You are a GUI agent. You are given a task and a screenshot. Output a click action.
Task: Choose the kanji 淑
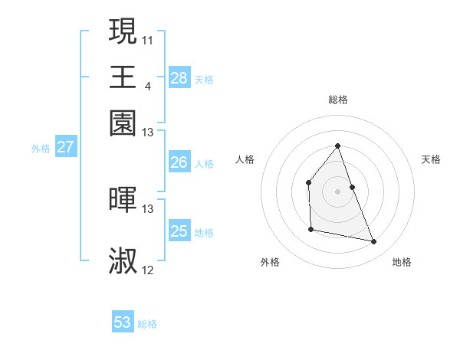click(x=123, y=260)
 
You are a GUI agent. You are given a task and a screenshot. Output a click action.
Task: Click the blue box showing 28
click(x=179, y=78)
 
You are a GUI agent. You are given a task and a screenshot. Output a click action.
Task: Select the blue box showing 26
click(x=179, y=162)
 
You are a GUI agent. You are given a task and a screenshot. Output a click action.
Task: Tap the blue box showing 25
click(x=179, y=231)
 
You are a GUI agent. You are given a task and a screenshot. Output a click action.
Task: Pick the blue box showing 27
click(x=65, y=147)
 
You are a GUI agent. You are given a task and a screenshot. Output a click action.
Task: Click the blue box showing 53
click(x=123, y=322)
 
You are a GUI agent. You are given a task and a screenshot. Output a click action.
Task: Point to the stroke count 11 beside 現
click(x=148, y=40)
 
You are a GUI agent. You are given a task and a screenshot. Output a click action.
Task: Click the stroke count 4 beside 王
click(x=147, y=86)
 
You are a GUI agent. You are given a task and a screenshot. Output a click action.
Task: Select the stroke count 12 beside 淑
click(x=148, y=270)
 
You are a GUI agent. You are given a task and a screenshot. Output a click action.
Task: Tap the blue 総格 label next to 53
click(x=147, y=324)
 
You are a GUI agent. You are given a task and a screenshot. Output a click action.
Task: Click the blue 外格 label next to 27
click(x=40, y=149)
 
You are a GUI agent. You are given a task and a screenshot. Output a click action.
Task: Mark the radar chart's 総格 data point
click(x=337, y=146)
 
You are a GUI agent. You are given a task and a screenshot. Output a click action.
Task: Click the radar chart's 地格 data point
click(x=374, y=242)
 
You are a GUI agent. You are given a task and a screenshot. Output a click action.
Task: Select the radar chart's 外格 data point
click(x=310, y=229)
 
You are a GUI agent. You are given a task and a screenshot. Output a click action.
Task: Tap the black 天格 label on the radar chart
click(x=432, y=159)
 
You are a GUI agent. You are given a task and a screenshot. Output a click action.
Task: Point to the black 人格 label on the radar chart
click(x=245, y=159)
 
